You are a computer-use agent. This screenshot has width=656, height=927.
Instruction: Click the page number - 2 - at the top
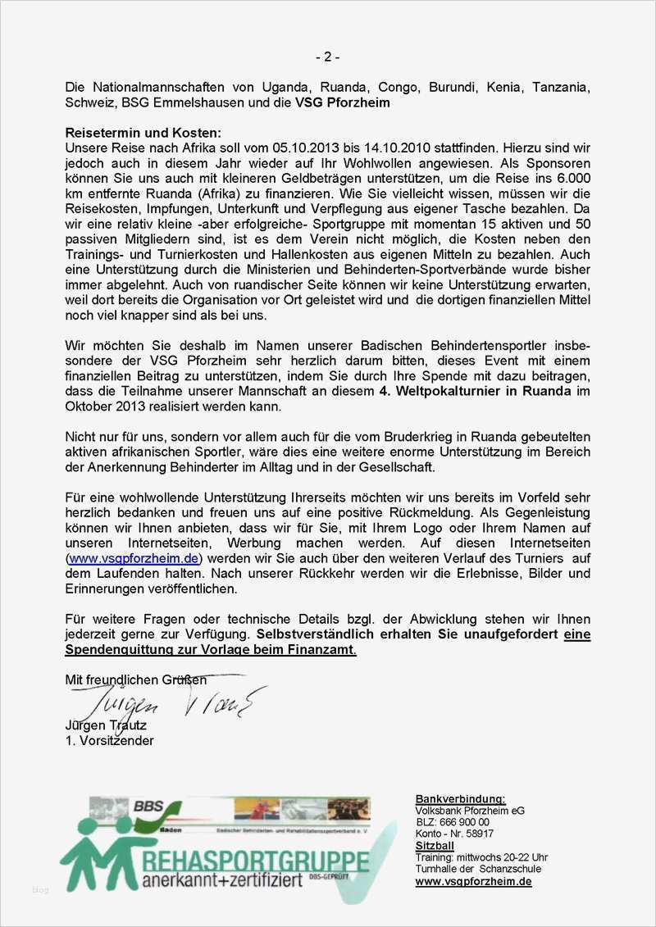pos(327,57)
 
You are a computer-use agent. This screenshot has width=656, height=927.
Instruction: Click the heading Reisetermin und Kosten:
pos(143,132)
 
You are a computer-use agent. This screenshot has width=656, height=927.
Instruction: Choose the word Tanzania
pos(561,88)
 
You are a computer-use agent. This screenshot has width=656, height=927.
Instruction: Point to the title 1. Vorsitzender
pos(109,740)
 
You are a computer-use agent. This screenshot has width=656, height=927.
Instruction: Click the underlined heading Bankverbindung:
pos(460,799)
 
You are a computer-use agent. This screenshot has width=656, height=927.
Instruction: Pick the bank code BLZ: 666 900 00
pos(453,822)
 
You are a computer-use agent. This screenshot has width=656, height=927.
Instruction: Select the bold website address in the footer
pos(473,882)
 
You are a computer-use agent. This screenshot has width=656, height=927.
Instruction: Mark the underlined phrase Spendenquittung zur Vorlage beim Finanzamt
pos(211,650)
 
